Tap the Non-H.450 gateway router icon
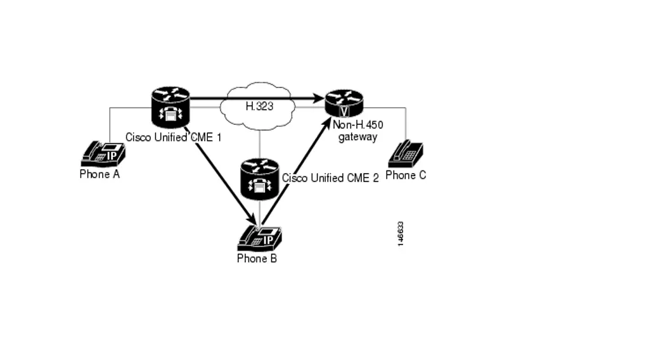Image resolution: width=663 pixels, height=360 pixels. click(344, 103)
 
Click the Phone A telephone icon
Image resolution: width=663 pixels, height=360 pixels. click(103, 153)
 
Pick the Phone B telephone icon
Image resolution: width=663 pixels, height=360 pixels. click(259, 238)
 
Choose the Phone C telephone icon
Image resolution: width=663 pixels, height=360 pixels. click(405, 154)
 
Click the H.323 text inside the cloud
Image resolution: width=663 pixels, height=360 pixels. click(259, 106)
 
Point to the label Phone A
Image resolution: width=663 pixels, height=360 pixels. click(100, 174)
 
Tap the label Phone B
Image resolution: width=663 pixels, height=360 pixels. click(257, 258)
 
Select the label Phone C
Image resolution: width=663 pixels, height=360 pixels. click(406, 175)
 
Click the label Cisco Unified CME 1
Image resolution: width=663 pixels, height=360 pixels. click(173, 137)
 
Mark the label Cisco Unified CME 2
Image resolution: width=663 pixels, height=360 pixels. click(330, 178)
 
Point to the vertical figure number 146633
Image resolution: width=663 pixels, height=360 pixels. click(400, 234)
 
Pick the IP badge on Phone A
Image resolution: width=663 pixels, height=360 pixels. click(112, 156)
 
